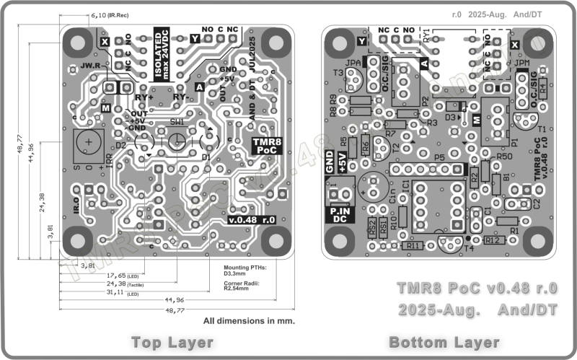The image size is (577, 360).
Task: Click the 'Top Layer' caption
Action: pyautogui.click(x=172, y=341)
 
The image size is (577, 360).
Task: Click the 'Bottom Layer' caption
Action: pyautogui.click(x=444, y=341)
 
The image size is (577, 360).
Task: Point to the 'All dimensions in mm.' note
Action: pyautogui.click(x=250, y=320)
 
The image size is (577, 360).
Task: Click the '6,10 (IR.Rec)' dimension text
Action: pyautogui.click(x=110, y=14)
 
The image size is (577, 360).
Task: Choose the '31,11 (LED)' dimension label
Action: pyautogui.click(x=122, y=292)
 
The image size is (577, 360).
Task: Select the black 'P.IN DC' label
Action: pyautogui.click(x=340, y=214)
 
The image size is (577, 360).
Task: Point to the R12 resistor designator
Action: pyautogui.click(x=493, y=240)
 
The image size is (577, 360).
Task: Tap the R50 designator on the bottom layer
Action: pyautogui.click(x=504, y=156)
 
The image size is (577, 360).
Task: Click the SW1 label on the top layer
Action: pyautogui.click(x=177, y=123)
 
